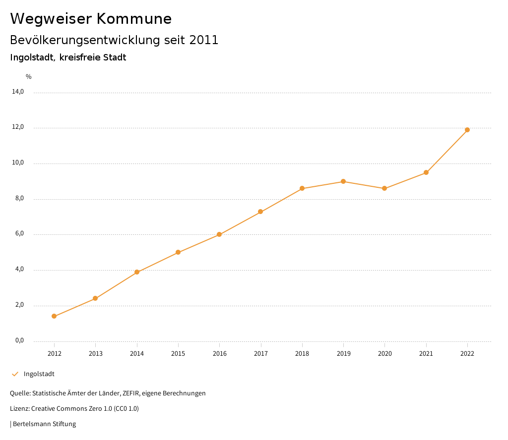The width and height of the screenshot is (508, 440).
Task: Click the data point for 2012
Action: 54,316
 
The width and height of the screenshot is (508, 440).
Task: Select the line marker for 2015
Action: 178,252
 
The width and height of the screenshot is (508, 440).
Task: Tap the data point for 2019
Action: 343,181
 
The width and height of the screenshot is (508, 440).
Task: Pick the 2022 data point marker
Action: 467,130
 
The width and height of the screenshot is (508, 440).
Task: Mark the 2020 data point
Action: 384,188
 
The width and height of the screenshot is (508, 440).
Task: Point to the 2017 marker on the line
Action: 260,212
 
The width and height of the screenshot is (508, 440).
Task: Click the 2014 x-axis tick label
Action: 137,354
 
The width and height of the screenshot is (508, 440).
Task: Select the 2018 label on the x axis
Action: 302,354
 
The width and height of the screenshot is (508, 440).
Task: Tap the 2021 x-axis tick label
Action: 426,354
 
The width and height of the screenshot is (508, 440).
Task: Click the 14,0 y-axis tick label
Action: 18,92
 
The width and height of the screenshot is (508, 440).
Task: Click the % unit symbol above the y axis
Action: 29,77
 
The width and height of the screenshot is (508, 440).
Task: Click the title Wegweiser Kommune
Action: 91,19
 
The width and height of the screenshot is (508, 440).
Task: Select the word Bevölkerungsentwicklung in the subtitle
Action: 85,40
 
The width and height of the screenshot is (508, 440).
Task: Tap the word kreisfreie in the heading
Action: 79,57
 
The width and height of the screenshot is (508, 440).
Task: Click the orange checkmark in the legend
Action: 15,374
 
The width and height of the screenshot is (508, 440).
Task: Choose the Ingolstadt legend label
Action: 39,374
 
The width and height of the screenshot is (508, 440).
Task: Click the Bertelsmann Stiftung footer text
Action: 44,424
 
